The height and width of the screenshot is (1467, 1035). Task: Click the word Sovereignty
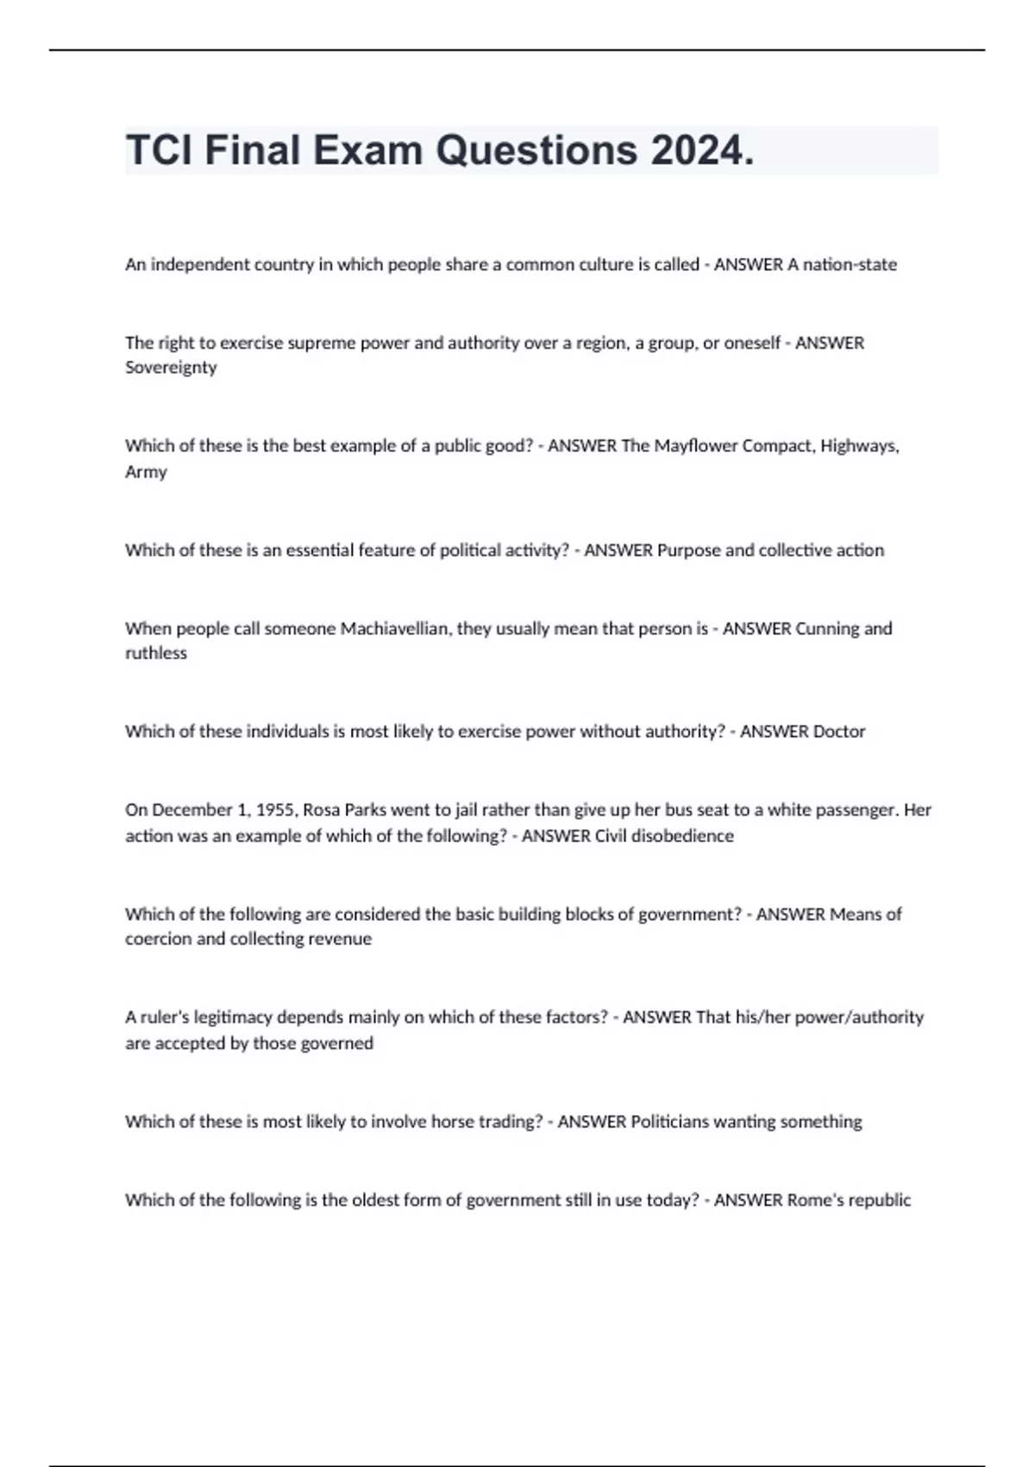[x=171, y=368]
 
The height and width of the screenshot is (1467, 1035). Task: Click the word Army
[x=146, y=472]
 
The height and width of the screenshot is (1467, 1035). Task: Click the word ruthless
[x=155, y=653]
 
